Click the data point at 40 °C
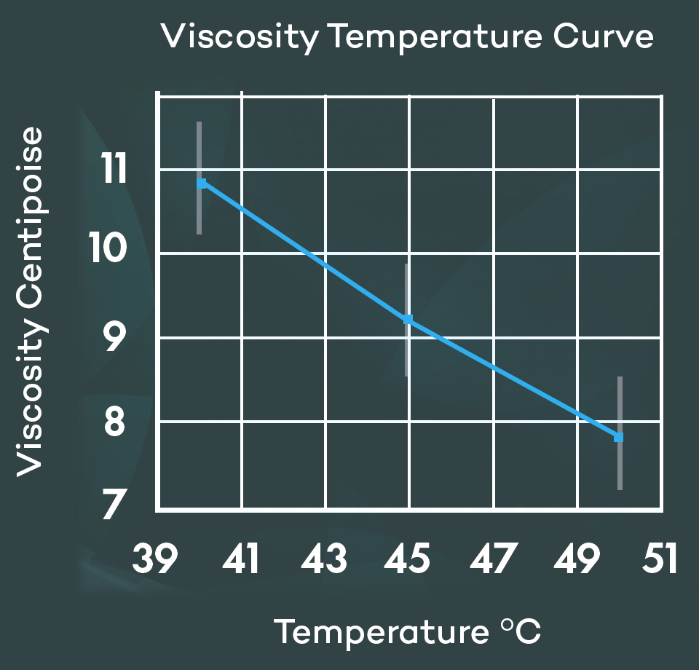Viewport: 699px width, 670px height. (202, 184)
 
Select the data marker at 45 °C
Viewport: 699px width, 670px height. (408, 320)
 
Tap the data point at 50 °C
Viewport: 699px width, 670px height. (619, 437)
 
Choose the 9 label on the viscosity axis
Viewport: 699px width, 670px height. (115, 338)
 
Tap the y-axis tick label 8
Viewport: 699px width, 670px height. (115, 422)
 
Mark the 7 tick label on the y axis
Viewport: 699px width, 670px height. (115, 505)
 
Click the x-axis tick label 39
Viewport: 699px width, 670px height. (155, 560)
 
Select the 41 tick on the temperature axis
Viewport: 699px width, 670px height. (241, 560)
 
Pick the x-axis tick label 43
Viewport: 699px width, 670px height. (325, 560)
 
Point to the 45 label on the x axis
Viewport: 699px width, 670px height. (409, 560)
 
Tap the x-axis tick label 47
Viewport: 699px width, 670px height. (494, 560)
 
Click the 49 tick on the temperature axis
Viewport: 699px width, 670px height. (577, 560)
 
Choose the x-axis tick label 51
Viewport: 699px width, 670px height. (659, 560)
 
